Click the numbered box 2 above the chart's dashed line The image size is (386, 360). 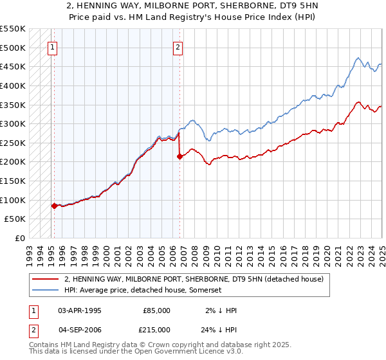(x=177, y=46)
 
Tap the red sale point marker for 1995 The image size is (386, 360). (x=54, y=206)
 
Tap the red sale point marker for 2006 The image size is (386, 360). (x=179, y=156)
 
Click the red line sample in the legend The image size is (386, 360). (x=45, y=279)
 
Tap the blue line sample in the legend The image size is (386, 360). (x=45, y=291)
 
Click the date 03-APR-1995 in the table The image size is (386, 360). (x=80, y=310)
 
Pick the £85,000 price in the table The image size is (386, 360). (x=156, y=310)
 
